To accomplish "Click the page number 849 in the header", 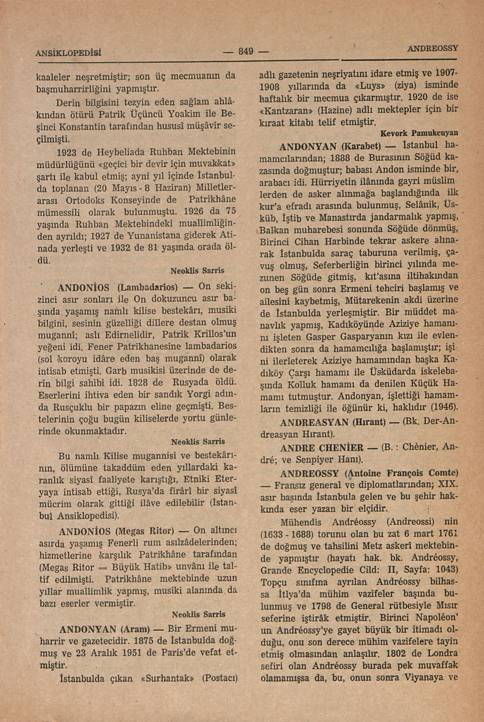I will tap(245, 50).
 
